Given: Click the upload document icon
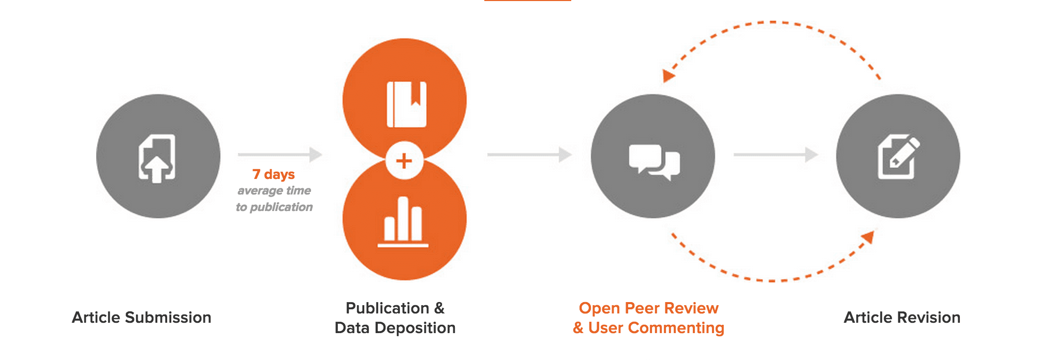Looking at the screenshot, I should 157,158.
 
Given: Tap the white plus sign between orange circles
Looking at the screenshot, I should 404,161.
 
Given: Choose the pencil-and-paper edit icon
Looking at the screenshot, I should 898,157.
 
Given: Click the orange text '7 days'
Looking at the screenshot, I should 274,174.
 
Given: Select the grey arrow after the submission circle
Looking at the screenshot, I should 280,154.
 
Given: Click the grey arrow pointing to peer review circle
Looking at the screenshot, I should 529,154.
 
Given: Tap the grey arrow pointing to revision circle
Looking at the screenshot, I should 776,154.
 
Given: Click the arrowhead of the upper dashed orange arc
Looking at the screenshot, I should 669,76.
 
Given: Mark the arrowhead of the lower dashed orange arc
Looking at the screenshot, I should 868,237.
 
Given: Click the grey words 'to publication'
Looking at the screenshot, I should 274,207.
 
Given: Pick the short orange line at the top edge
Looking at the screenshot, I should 527,1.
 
